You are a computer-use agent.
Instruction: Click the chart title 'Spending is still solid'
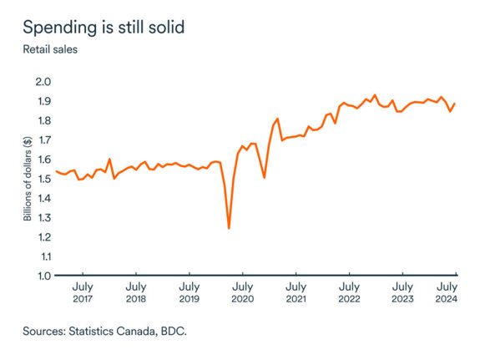[104, 27]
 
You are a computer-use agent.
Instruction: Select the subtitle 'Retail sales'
[51, 49]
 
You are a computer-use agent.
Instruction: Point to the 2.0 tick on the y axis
[43, 82]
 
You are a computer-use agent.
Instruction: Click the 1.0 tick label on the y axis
[43, 276]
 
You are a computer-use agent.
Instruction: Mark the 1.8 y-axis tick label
[43, 120]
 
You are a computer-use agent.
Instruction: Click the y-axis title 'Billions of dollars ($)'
[28, 178]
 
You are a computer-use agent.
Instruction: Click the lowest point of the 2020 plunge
[229, 228]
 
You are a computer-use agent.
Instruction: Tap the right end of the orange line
[455, 104]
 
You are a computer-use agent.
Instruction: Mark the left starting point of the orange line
[56, 171]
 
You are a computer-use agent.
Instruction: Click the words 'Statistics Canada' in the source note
[109, 332]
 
